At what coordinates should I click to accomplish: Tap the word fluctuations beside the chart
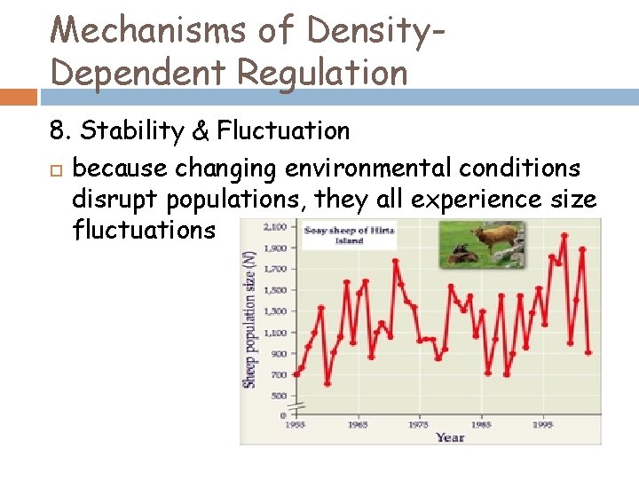[144, 231]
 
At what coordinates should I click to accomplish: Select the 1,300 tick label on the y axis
[275, 311]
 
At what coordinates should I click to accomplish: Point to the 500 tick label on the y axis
[279, 396]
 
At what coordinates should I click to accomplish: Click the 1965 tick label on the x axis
[358, 425]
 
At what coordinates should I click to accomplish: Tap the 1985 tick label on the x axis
[481, 425]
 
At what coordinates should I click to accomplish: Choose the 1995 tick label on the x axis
[542, 425]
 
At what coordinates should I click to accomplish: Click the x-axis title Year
[450, 437]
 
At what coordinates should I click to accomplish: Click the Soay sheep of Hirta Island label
[349, 235]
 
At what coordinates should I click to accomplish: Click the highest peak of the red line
[564, 236]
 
